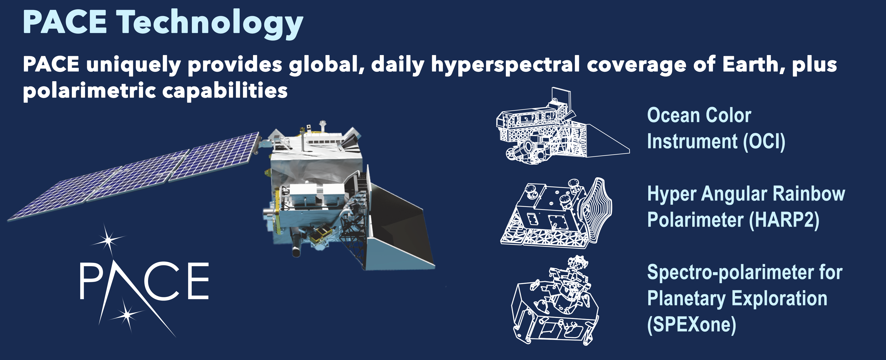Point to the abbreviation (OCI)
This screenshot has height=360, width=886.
[x=764, y=141]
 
